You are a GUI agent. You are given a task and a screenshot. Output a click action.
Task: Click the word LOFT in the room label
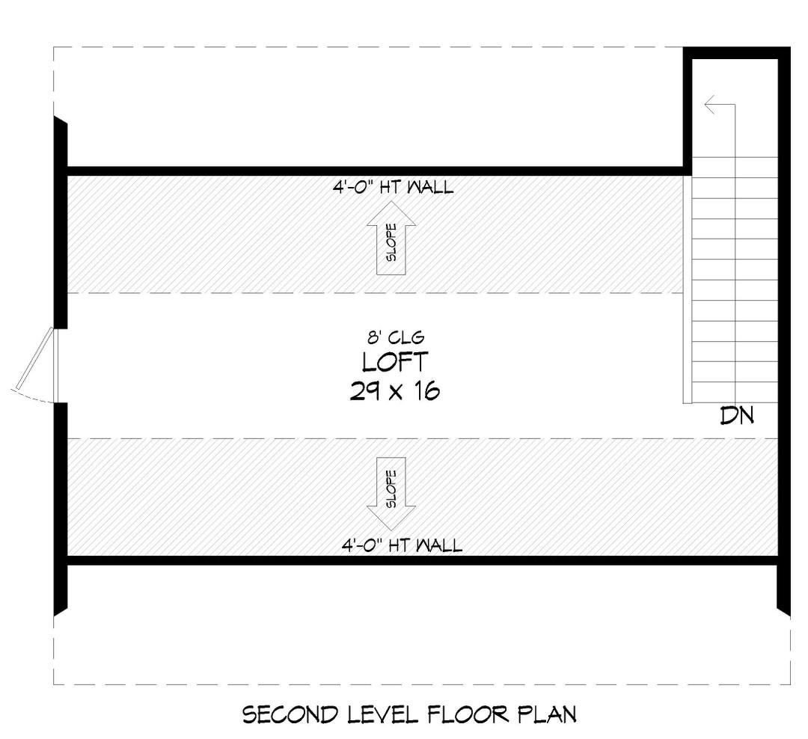coord(395,362)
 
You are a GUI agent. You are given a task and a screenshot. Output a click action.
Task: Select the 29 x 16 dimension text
coord(394,391)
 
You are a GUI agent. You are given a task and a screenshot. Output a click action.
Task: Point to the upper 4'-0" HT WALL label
coord(394,187)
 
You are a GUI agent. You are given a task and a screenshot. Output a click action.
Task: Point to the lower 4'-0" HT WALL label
coord(402,545)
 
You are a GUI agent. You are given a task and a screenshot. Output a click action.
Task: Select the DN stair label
coord(736,416)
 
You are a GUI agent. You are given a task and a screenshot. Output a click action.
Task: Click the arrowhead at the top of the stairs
coord(711,105)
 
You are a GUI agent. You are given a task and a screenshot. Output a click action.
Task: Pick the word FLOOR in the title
coord(469,715)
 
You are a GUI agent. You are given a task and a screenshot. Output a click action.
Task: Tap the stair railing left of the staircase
coord(687,289)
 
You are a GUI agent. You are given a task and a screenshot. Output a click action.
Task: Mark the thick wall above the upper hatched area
coord(374,171)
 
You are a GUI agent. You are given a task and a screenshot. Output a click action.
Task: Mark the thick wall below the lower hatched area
coord(419,560)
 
